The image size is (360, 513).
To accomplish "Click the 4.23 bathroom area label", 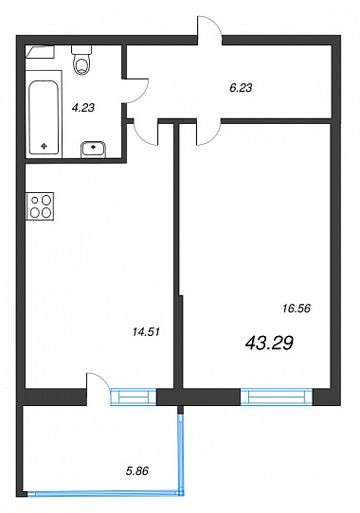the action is pos(83,107).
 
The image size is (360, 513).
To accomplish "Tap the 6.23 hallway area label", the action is pos(241,88).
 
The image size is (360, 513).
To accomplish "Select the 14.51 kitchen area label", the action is pos(146,332).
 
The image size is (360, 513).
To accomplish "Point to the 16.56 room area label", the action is pos(297,309).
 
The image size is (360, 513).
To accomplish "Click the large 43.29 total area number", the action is pos(269,344).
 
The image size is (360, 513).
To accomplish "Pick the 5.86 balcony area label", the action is pos(137,470).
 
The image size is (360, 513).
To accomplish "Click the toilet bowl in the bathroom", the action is pos(81,64).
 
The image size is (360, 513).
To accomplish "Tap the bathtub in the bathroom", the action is pos(44,117).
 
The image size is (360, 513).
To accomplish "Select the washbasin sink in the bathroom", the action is pos(94,150).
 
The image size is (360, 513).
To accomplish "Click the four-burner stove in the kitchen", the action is pos(40,206).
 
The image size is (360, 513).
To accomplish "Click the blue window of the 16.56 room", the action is pos(277,398).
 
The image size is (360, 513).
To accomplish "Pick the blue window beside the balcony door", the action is pos(134,398).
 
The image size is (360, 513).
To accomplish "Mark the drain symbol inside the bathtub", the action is pos(44,147).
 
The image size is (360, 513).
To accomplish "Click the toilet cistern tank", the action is pos(81,50).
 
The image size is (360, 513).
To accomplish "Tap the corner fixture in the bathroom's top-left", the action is pos(40,52).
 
